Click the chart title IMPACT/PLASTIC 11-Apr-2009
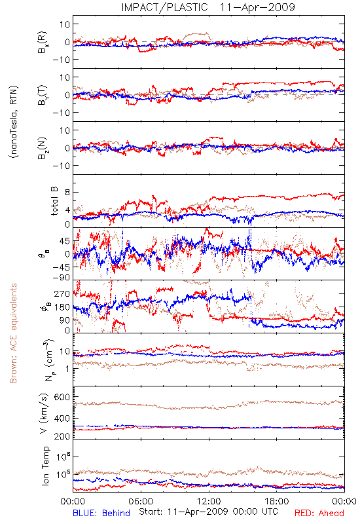tap(208, 7)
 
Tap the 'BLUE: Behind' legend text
tap(101, 513)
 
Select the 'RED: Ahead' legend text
tap(319, 513)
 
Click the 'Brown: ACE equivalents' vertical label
tap(13, 333)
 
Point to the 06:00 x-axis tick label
tap(141, 501)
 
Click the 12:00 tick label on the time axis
tap(209, 501)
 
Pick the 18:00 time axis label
tap(277, 501)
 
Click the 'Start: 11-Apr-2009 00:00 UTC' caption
tap(208, 512)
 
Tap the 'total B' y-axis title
tap(54, 201)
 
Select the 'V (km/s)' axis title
tap(44, 413)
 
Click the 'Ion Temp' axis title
tap(45, 466)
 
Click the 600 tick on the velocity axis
tap(62, 397)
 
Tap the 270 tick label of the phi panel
tap(62, 293)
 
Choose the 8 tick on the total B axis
tap(67, 193)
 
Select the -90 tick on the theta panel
tap(61, 278)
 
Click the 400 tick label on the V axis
tap(62, 418)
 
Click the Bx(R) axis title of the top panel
tap(43, 42)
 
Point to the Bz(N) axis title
tap(43, 148)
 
